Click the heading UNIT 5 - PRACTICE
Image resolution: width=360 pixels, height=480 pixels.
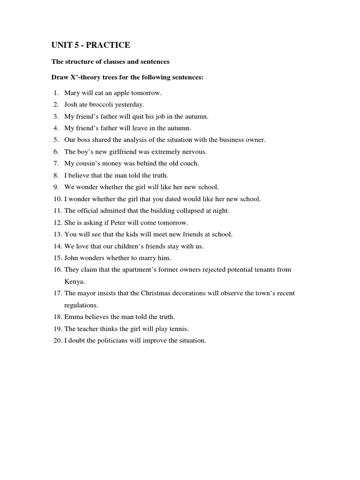(x=90, y=45)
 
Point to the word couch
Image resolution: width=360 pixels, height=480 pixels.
(x=189, y=164)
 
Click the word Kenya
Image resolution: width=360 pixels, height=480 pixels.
(x=75, y=281)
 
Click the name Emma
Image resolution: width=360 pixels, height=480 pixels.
(x=73, y=317)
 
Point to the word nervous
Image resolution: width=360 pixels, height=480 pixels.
(x=194, y=152)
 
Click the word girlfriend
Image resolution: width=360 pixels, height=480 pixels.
(x=125, y=152)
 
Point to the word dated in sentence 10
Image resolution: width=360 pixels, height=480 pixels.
(x=174, y=199)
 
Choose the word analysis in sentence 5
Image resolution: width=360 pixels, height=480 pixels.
(x=134, y=140)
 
